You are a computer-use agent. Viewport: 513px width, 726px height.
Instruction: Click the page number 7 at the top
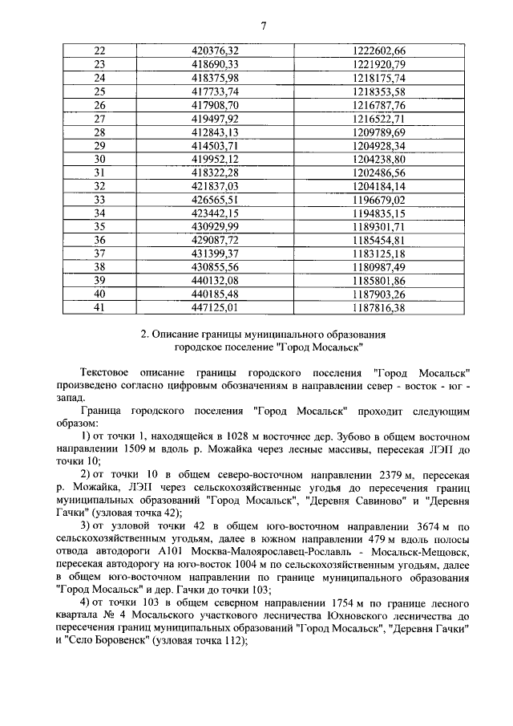point(262,26)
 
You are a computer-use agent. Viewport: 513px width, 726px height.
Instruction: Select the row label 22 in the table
point(100,51)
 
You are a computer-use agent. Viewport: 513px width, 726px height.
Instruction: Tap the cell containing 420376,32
point(211,51)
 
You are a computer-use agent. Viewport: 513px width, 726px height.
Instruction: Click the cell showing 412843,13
point(211,132)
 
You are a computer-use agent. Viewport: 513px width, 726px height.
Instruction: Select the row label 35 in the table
point(100,226)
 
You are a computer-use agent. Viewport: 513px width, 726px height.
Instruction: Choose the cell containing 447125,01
point(211,307)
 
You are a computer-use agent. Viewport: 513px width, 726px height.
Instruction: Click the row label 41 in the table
point(100,307)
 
